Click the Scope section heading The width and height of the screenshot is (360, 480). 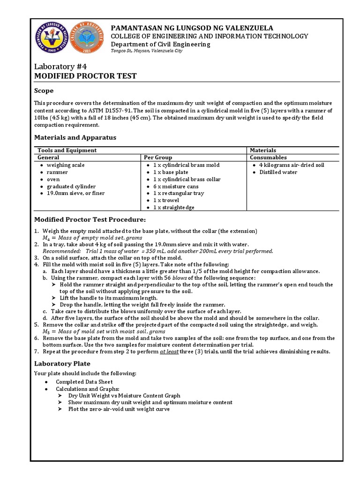coord(44,90)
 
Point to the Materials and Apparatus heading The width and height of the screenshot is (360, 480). coord(75,137)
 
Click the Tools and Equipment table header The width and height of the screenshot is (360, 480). coord(67,150)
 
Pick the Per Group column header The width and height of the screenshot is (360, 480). coord(158,157)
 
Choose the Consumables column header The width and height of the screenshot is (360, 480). coord(268,157)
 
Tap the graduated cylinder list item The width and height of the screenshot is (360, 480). coord(70,186)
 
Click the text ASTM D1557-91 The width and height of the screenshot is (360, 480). coord(111,111)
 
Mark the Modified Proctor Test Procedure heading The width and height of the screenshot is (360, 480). coord(90,220)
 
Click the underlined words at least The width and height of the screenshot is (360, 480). coord(169,352)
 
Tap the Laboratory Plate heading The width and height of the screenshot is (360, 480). coord(62,363)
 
